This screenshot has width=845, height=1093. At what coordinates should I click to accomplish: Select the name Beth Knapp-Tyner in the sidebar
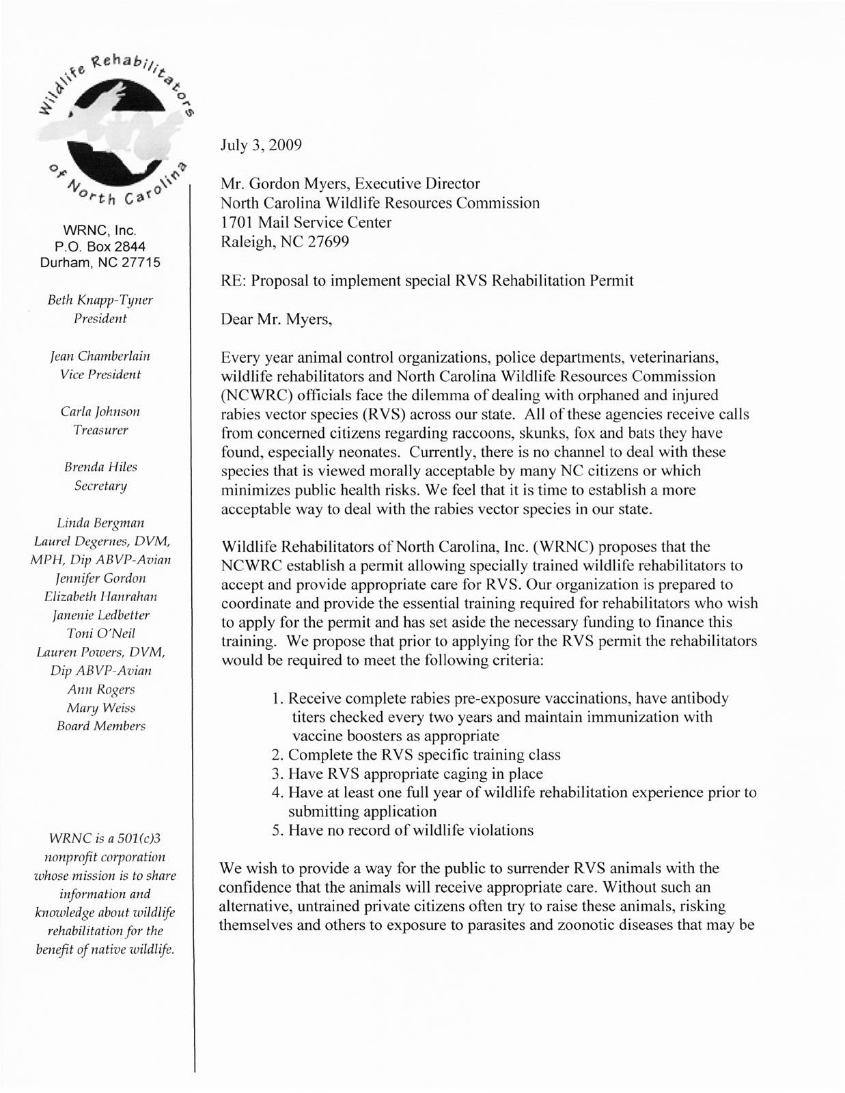coord(100,300)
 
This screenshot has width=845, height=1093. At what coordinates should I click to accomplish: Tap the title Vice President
coord(100,374)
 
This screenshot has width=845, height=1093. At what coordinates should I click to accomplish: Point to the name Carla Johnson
coord(100,412)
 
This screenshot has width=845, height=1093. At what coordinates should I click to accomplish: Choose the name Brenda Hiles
coord(100,467)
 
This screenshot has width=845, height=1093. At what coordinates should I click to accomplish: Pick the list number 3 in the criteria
coord(277,774)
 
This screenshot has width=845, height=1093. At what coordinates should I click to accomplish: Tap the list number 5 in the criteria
coord(277,831)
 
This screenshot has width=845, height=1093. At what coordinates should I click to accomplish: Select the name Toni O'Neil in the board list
coord(100,633)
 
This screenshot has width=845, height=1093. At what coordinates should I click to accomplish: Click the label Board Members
coord(101,726)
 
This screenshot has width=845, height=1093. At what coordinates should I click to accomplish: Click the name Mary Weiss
coord(100,708)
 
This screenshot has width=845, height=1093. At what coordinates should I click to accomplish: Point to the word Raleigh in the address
coord(244,242)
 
